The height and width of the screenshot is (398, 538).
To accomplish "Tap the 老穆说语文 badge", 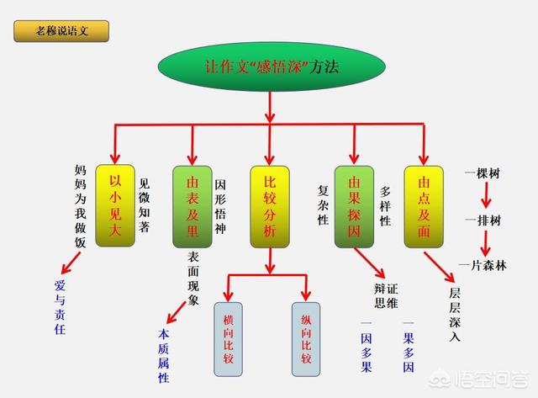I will [x=61, y=32].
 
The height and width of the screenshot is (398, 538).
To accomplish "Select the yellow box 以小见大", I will [x=115, y=205].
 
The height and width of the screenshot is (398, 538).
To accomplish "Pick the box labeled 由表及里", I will [x=192, y=205].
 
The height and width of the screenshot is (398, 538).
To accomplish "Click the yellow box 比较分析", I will [x=270, y=205].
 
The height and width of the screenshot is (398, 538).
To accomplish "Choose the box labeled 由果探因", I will [x=354, y=205].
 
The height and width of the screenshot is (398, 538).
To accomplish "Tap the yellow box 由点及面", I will [x=424, y=205].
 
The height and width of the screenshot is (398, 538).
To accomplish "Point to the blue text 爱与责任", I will [x=59, y=308].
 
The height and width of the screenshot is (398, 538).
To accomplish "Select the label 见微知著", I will [x=144, y=204].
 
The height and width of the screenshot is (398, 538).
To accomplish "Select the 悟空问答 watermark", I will [x=491, y=379].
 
